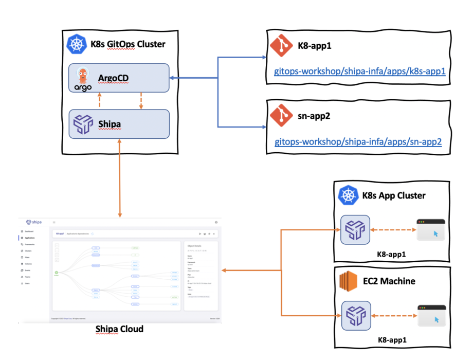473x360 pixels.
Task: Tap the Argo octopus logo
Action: (83, 79)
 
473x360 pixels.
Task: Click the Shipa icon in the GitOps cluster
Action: (83, 124)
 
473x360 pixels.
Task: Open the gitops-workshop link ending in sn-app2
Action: (358, 141)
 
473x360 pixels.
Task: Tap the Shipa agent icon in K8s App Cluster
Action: (355, 230)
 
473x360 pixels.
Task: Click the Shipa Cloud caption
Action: (119, 329)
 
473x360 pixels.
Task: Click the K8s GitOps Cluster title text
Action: (128, 44)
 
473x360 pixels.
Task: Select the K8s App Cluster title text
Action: (394, 196)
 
